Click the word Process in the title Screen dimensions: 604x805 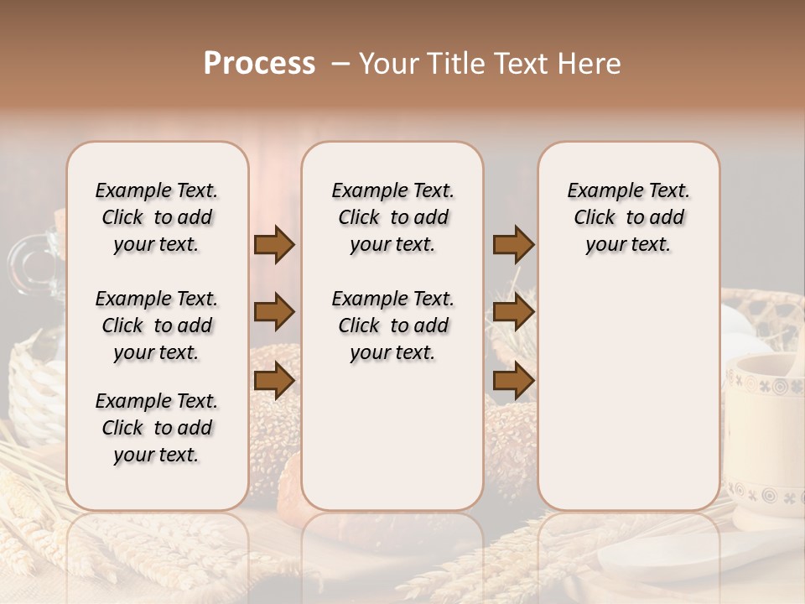259,64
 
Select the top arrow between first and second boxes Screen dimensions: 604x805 274,245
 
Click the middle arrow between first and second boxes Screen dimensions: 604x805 274,313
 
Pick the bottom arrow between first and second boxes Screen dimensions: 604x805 274,382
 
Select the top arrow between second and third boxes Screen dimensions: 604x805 513,245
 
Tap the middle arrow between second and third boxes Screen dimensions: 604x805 513,313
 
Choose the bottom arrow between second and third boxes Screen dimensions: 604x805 513,382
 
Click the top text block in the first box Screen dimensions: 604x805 157,217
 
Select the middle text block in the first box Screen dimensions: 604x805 157,325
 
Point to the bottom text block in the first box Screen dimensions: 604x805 157,428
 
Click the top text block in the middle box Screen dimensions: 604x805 392,217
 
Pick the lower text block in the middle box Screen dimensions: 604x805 392,325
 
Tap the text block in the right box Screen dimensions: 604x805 628,217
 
